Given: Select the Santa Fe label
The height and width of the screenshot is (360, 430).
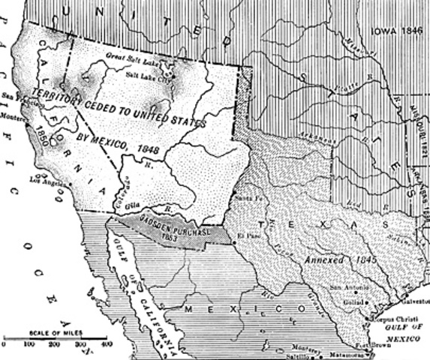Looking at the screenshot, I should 242,199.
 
